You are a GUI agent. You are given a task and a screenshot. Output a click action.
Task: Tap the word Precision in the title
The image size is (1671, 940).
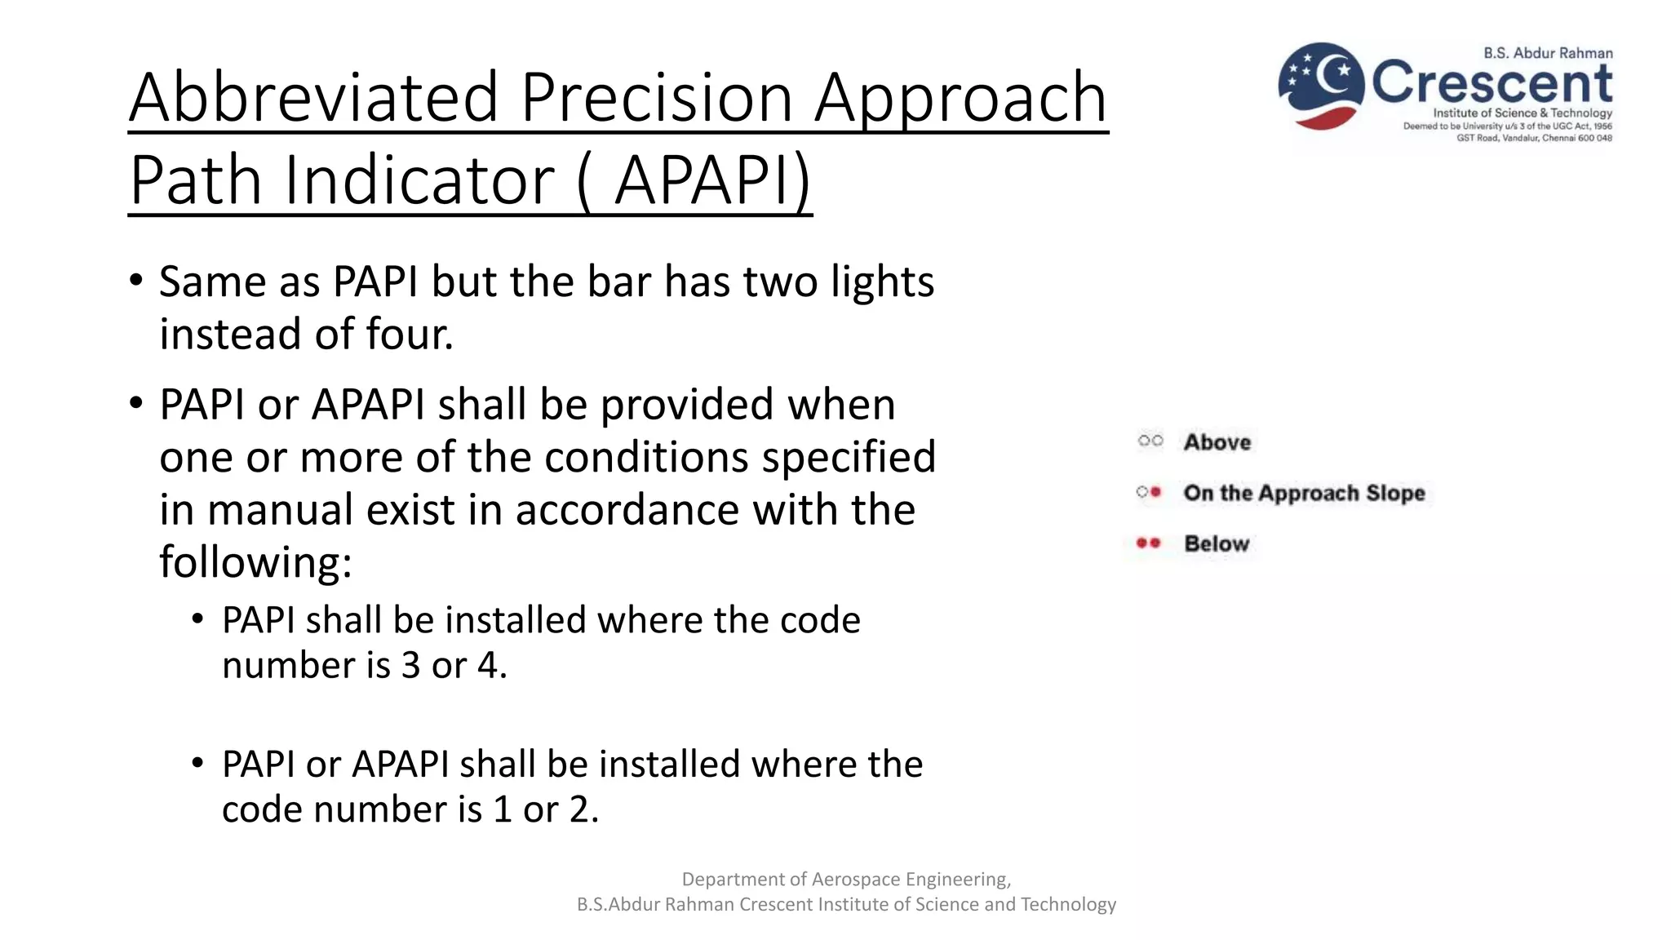pyautogui.click(x=656, y=97)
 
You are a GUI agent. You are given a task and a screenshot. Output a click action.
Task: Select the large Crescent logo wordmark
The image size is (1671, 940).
pyautogui.click(x=1491, y=82)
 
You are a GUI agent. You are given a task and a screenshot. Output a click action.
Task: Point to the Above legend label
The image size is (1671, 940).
pyautogui.click(x=1217, y=442)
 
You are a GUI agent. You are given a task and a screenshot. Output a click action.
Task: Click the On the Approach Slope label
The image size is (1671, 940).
pyautogui.click(x=1304, y=493)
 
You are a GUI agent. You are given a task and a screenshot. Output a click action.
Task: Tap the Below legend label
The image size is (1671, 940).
pyautogui.click(x=1217, y=543)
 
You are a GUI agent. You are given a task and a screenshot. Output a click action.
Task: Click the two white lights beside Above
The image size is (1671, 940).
pyautogui.click(x=1150, y=441)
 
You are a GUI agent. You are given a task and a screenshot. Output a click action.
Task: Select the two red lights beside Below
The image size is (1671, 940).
pyautogui.click(x=1149, y=543)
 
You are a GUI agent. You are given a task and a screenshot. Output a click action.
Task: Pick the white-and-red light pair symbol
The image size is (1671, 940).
pyautogui.click(x=1149, y=492)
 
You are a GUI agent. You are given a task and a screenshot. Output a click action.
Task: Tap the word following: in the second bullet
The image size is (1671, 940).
pyautogui.click(x=255, y=562)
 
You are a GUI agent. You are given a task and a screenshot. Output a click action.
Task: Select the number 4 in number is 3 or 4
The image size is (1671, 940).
pyautogui.click(x=487, y=666)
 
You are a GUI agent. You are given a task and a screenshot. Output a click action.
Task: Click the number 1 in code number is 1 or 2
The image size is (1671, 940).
pyautogui.click(x=503, y=809)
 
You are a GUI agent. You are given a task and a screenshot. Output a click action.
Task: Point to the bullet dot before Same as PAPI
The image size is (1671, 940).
pyautogui.click(x=135, y=281)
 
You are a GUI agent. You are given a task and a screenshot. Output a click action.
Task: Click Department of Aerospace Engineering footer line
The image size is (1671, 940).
pyautogui.click(x=846, y=879)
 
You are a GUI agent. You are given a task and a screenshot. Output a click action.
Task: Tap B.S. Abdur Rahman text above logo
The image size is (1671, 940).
pyautogui.click(x=1548, y=53)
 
